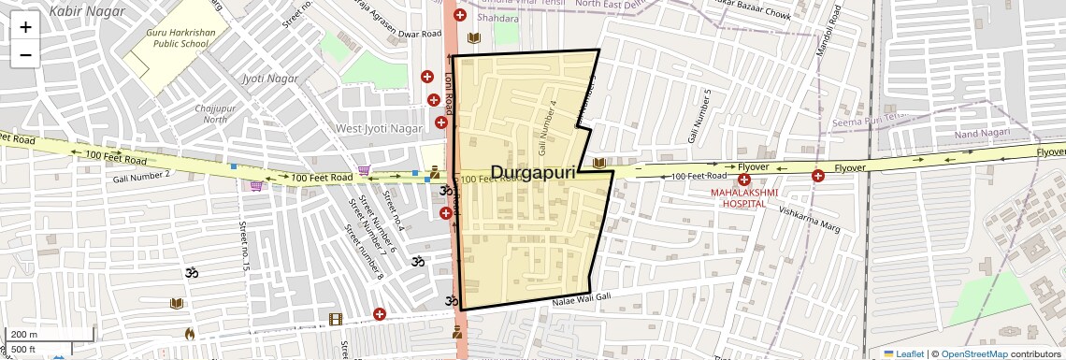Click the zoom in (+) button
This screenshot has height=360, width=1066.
[25, 27]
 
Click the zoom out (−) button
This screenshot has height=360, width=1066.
[25, 54]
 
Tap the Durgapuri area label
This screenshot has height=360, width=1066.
[533, 172]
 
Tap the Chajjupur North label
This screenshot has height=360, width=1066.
[215, 113]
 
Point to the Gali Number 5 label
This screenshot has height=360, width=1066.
[700, 116]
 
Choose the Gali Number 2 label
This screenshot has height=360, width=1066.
[141, 175]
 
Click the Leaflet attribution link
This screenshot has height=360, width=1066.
[903, 353]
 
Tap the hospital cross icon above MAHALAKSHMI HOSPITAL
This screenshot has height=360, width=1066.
[744, 180]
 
